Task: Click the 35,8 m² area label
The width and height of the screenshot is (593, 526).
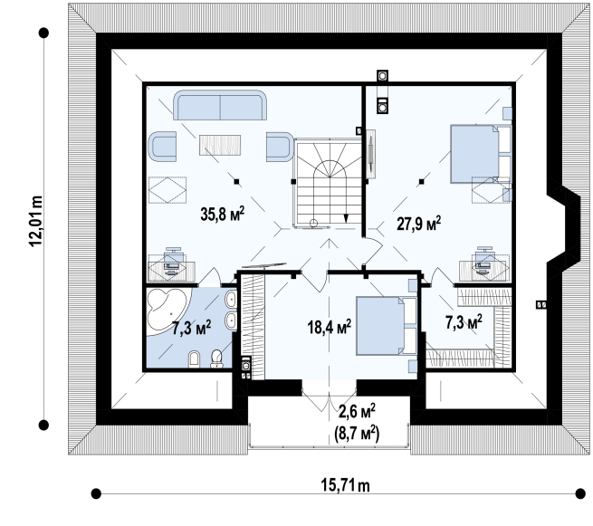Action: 222,214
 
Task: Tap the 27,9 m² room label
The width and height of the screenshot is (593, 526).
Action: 418,223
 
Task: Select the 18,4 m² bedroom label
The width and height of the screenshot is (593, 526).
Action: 329,327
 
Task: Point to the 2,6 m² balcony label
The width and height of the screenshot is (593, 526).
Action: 357,411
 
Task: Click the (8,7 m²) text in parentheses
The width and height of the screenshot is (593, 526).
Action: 357,434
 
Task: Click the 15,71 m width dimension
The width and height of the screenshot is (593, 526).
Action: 345,485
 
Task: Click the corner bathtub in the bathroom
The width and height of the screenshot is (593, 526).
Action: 167,309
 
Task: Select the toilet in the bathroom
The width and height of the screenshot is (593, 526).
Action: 216,359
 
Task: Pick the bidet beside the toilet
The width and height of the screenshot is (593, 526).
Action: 194,359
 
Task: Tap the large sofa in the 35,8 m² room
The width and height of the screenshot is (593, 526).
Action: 220,105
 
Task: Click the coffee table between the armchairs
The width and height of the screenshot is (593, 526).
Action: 220,145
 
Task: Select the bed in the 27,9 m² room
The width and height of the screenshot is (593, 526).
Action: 481,154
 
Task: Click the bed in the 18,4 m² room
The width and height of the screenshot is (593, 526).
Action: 387,326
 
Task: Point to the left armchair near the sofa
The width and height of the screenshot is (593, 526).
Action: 162,146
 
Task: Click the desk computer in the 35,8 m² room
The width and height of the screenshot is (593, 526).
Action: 174,262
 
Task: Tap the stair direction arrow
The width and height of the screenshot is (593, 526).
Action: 345,218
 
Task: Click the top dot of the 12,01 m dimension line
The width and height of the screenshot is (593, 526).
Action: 43,33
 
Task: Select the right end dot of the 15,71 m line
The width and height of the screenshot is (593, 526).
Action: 580,493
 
